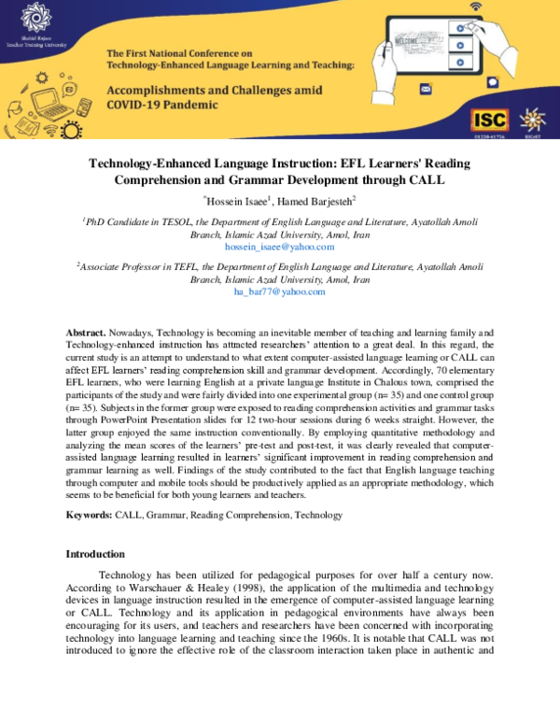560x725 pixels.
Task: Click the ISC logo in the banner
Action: point(490,120)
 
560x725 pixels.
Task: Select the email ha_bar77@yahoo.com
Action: point(279,291)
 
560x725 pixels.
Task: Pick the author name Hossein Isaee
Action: point(235,201)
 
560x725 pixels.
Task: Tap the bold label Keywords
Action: point(90,515)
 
